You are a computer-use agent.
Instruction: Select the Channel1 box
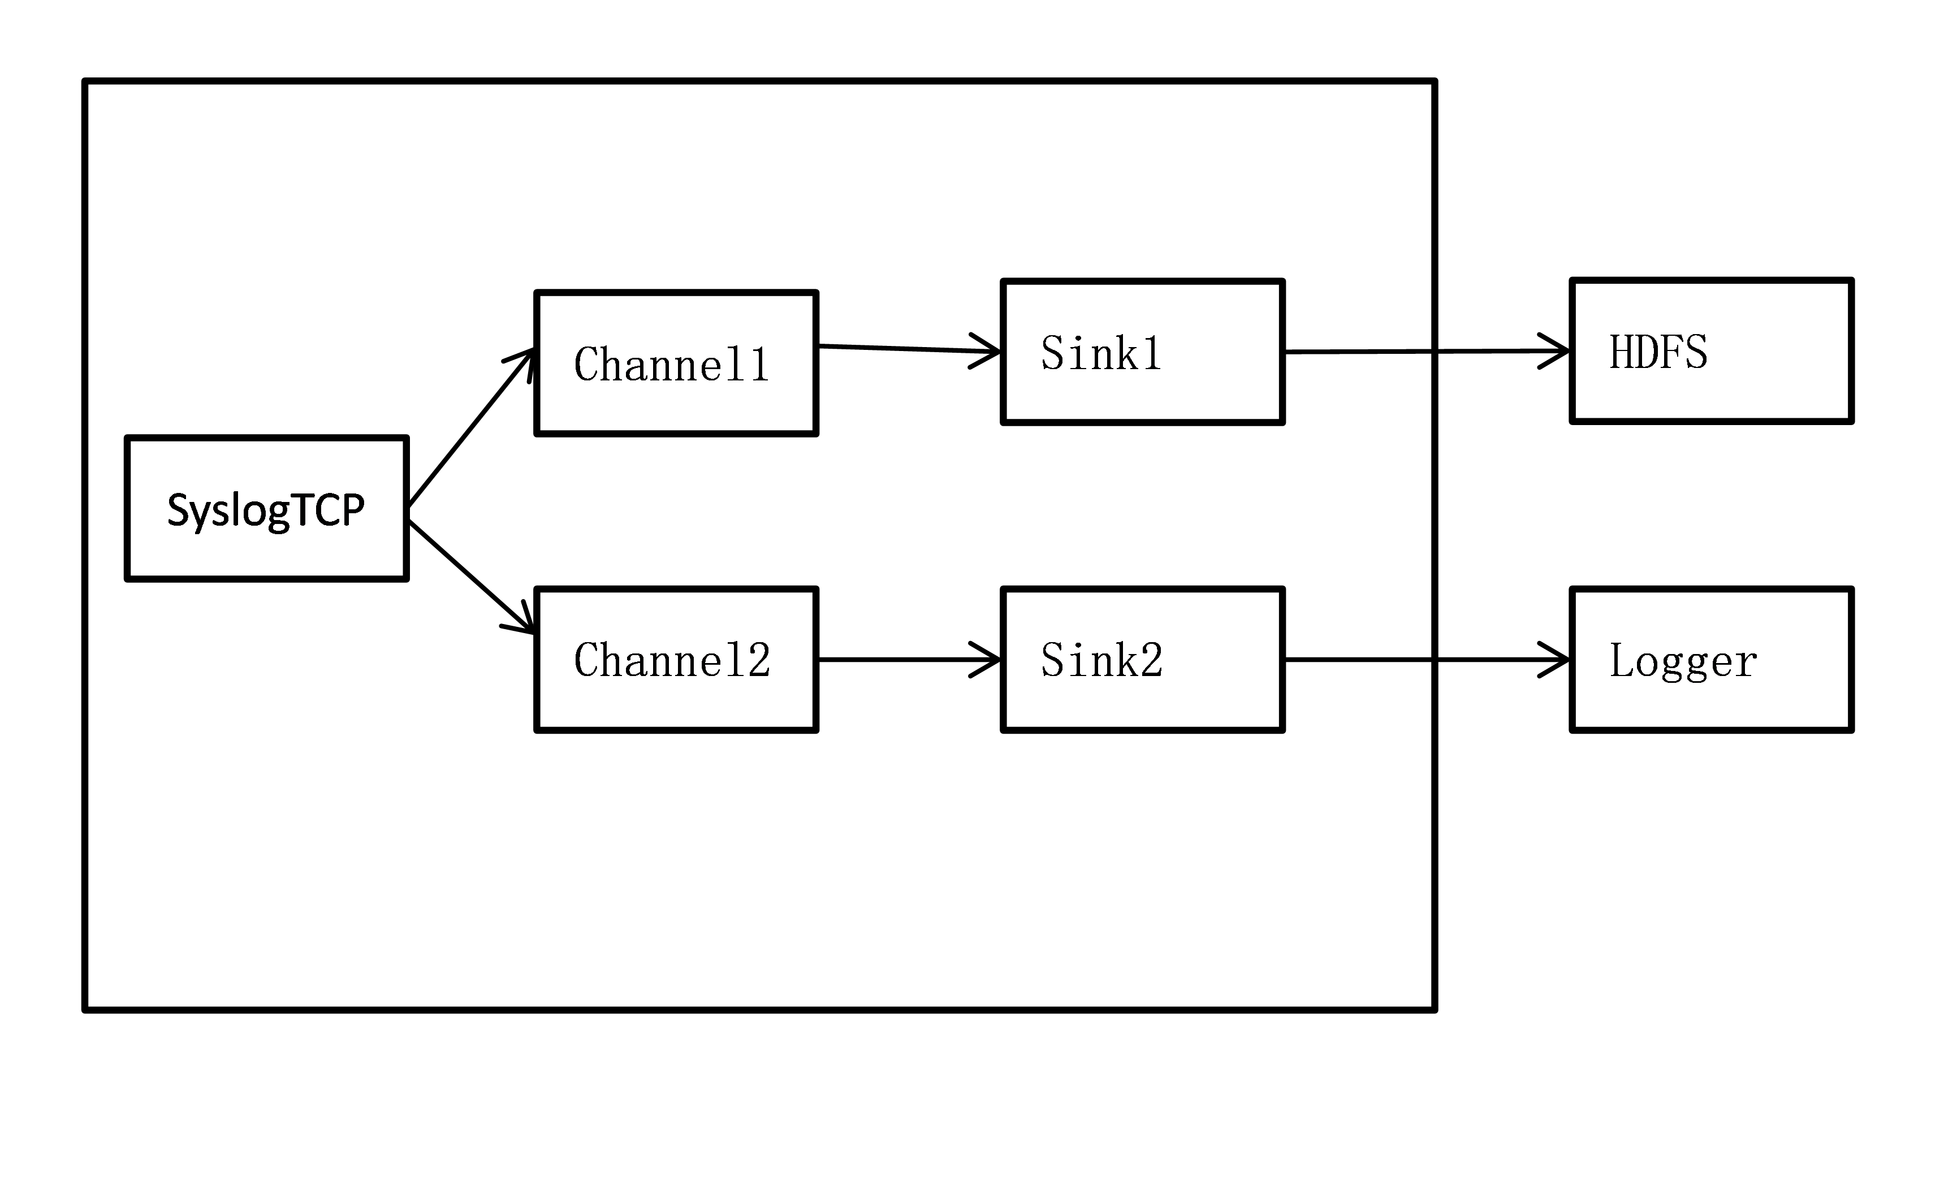(x=676, y=363)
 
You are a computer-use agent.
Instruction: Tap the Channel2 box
(x=676, y=660)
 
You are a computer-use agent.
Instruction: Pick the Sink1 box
(x=1142, y=352)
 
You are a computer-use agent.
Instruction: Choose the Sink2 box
(x=1142, y=660)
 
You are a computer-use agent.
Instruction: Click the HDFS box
(x=1711, y=351)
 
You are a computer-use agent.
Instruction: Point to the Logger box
(x=1711, y=660)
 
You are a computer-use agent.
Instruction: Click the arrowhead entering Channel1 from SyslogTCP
(x=525, y=357)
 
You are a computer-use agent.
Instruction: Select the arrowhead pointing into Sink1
(x=988, y=352)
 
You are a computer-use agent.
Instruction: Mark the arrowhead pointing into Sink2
(x=988, y=660)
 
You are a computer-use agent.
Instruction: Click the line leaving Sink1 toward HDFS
(x=1358, y=351)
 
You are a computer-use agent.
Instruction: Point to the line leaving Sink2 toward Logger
(x=1358, y=659)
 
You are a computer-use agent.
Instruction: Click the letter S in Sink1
(x=1053, y=353)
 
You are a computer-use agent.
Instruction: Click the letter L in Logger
(x=1619, y=660)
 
